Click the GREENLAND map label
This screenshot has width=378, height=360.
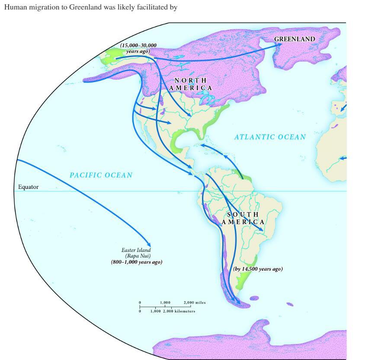pos(294,39)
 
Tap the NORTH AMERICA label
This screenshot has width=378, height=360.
pos(190,84)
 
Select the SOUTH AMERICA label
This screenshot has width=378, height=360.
pos(243,218)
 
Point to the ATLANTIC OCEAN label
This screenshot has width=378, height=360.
pos(270,137)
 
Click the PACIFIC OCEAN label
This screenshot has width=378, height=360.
pos(101,175)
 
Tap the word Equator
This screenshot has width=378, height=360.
pos(28,187)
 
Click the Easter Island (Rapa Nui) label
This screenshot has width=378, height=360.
pos(137,253)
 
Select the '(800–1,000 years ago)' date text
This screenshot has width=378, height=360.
pos(137,262)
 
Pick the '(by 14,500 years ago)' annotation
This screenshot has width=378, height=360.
pos(258,269)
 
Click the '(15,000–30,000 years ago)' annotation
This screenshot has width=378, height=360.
pos(138,48)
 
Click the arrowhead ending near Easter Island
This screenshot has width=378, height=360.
pos(148,244)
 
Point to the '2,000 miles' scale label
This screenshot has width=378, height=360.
pos(195,303)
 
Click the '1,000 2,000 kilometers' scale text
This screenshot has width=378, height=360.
pos(173,311)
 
